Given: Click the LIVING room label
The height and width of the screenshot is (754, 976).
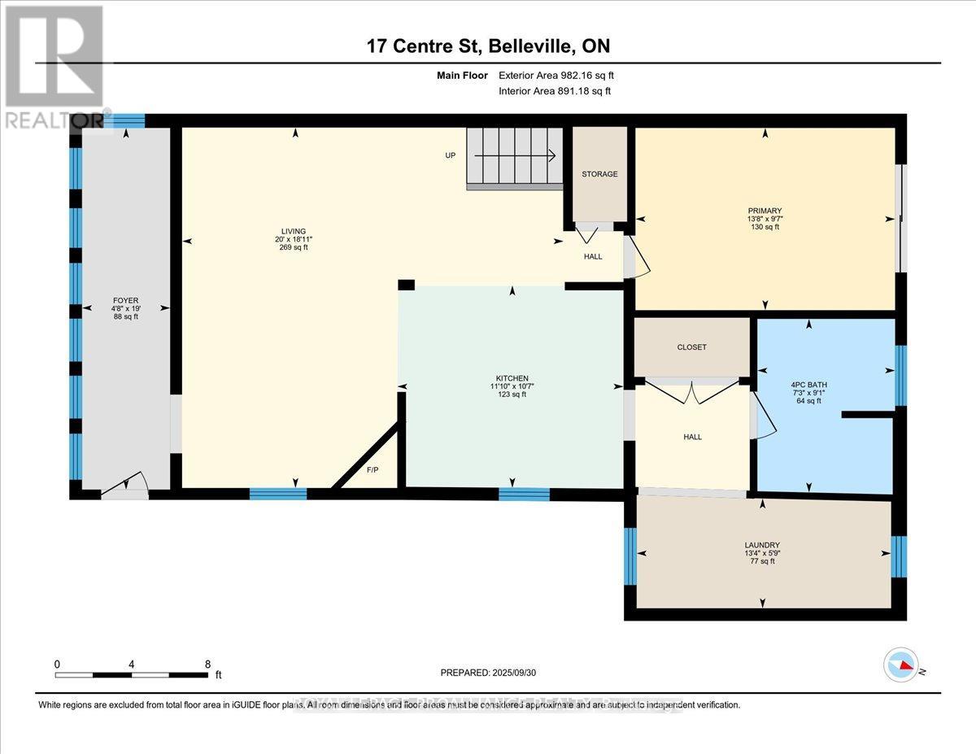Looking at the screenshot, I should (x=293, y=231).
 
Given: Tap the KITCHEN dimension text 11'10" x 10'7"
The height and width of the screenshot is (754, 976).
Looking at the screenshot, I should (x=512, y=386).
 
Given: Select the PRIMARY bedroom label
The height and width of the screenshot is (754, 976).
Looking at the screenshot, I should (x=765, y=211).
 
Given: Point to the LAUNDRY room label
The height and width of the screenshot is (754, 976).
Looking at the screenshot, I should (x=762, y=545).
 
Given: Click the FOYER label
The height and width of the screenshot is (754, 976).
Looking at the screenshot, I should (x=126, y=299).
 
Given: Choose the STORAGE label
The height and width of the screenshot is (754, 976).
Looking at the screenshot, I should (x=599, y=174).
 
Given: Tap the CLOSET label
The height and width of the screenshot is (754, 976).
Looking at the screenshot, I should (x=691, y=347).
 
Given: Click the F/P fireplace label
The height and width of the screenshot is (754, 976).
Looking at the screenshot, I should (x=373, y=470).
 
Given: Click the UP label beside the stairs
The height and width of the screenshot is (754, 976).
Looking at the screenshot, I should (x=450, y=155).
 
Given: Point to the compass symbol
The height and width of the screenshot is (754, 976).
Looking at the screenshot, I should (x=900, y=665).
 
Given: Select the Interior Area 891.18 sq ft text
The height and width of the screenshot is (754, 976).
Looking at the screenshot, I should (x=554, y=91).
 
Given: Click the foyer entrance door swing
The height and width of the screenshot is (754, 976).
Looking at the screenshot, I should (x=126, y=485).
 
